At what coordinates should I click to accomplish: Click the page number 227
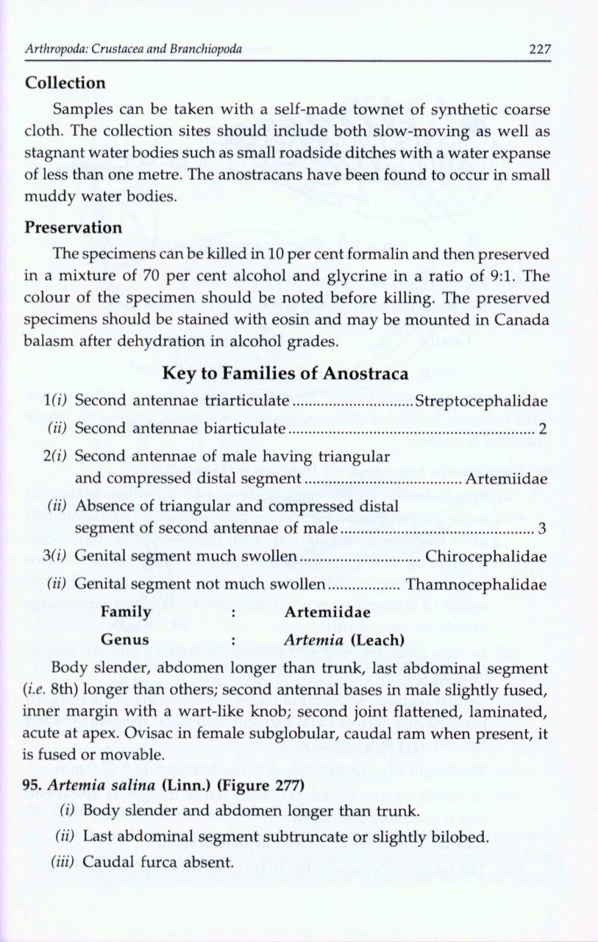pyautogui.click(x=540, y=50)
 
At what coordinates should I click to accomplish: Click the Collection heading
pyautogui.click(x=65, y=83)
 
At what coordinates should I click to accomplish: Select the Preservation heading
pyautogui.click(x=74, y=227)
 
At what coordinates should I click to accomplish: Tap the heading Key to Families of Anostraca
pyautogui.click(x=285, y=375)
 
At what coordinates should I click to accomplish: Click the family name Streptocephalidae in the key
pyautogui.click(x=481, y=402)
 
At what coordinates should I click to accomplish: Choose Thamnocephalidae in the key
pyautogui.click(x=476, y=584)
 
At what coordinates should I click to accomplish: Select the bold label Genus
pyautogui.click(x=124, y=639)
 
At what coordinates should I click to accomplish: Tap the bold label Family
pyautogui.click(x=125, y=612)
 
